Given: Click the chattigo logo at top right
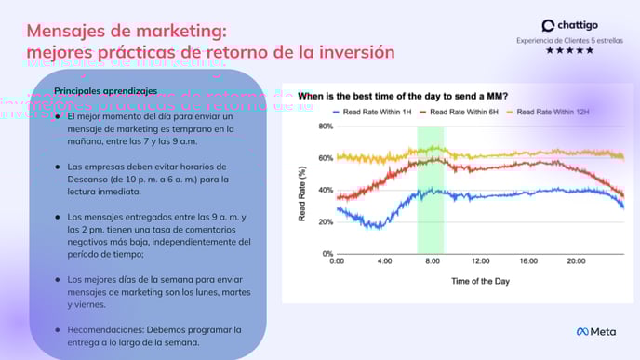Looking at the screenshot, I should point(568,25).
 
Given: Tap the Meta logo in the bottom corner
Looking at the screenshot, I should point(596,332).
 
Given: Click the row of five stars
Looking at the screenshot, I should point(568,50).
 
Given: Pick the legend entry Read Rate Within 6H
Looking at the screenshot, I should point(457,112).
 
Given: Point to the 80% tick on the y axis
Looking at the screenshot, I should point(327,127).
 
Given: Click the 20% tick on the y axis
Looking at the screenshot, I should point(327,221).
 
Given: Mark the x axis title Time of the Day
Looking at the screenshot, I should point(480,280).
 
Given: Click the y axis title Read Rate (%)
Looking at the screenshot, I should point(302,190).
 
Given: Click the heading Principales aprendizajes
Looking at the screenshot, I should point(105,90).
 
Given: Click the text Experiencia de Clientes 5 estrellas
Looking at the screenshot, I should point(568,40).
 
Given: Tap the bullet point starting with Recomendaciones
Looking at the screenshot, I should point(148,336).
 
